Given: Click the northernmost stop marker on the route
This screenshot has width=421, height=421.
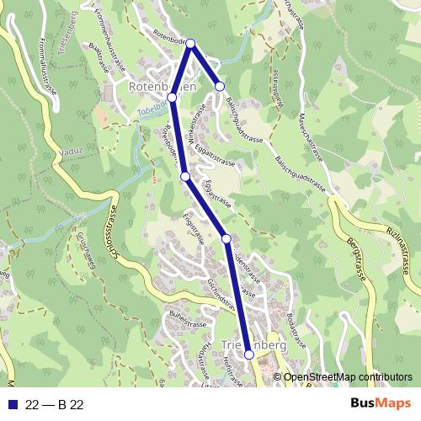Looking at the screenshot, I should click(x=190, y=44).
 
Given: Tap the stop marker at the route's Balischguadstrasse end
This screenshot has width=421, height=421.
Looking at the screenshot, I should click(x=220, y=86).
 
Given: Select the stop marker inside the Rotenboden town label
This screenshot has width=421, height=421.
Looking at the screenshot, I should click(x=172, y=98).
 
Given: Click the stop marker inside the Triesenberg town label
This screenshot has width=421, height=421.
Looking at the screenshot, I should click(x=249, y=355).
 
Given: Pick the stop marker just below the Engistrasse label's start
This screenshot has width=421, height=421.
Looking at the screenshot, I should click(x=226, y=239).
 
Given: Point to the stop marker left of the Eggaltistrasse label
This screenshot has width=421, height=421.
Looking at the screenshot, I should click(x=184, y=176).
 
